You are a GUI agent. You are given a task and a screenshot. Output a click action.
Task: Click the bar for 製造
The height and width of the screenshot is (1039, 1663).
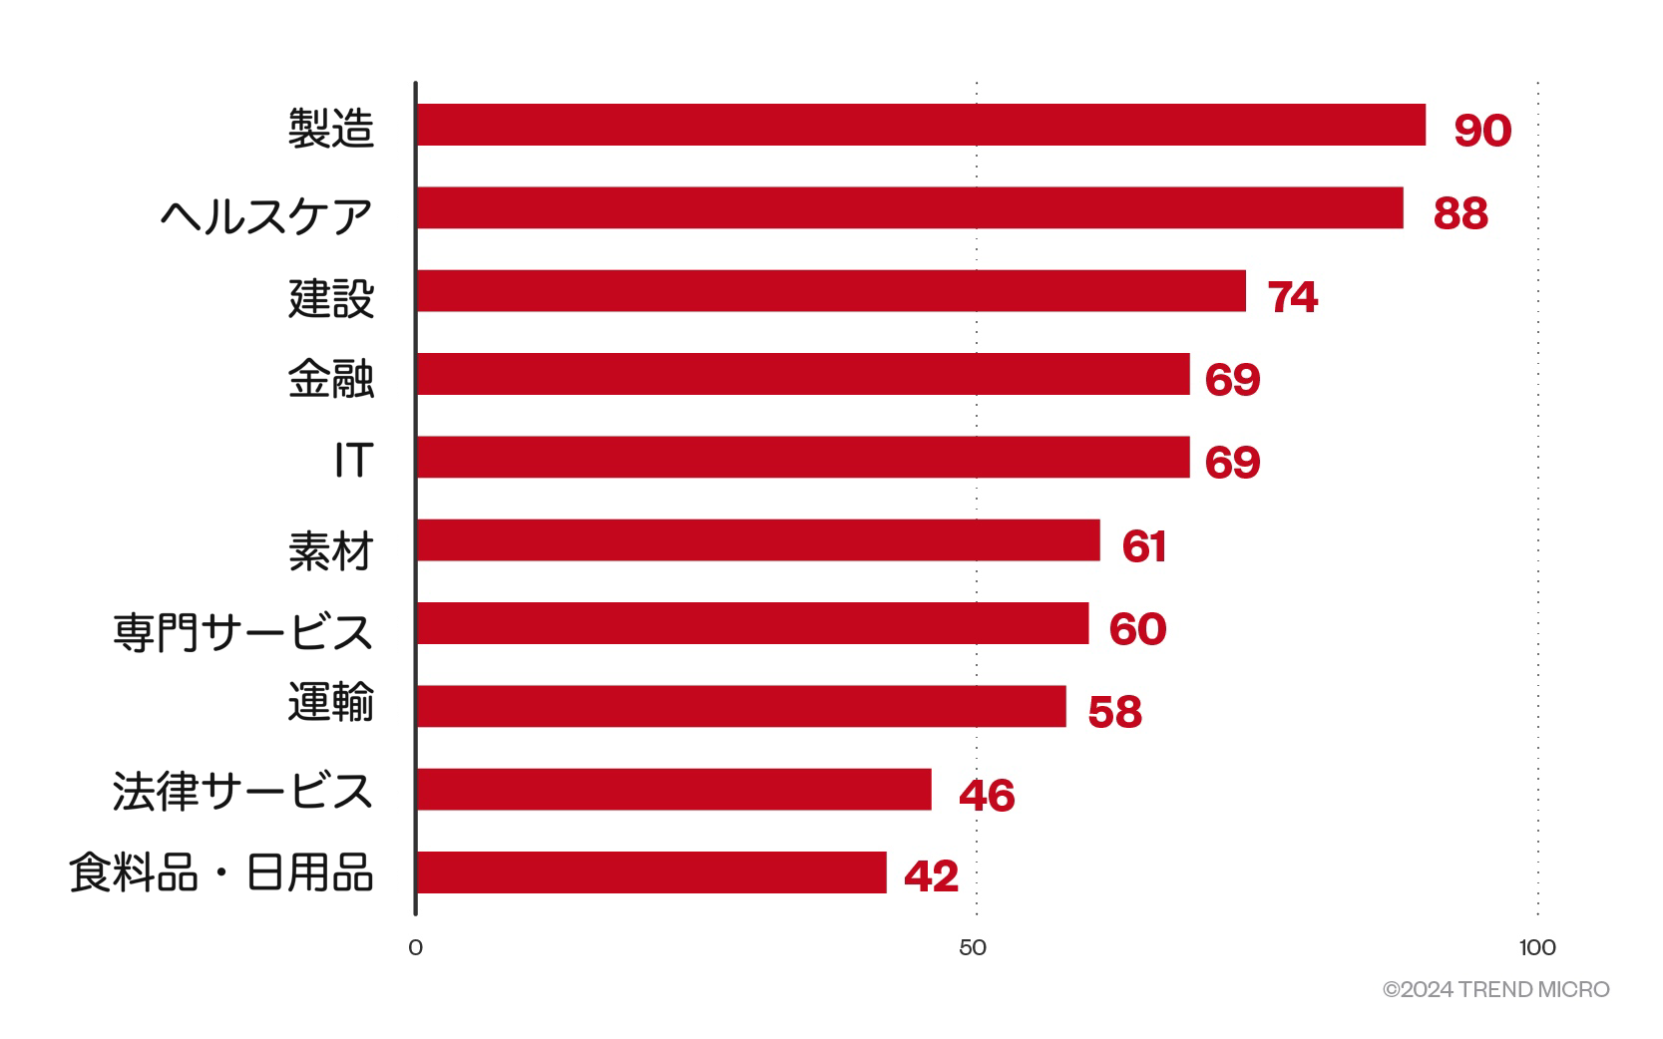921,125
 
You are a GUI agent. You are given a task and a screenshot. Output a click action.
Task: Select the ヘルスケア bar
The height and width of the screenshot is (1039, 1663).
910,207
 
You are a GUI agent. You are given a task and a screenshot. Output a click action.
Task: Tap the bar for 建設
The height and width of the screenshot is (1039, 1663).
831,290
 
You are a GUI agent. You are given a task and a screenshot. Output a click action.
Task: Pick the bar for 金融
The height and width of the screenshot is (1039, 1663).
803,374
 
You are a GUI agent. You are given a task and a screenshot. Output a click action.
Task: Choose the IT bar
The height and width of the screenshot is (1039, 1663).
803,457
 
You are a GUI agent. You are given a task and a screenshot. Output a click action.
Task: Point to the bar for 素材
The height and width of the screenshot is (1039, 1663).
758,539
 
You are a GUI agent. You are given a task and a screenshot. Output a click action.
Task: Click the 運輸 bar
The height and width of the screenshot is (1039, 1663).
741,706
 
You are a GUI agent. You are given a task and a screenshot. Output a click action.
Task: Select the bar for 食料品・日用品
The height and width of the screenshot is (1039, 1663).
651,872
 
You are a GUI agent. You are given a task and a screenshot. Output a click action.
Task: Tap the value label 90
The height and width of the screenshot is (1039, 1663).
1482,131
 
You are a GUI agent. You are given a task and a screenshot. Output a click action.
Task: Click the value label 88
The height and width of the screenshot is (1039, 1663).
1460,213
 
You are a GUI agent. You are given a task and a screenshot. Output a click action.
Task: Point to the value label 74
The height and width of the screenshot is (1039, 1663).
1293,297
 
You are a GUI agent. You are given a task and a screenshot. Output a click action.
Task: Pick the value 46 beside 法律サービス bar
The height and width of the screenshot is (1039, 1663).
987,796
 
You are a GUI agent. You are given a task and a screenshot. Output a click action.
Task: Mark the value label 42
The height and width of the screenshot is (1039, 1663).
931,876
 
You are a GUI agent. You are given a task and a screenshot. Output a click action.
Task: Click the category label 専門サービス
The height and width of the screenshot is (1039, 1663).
242,631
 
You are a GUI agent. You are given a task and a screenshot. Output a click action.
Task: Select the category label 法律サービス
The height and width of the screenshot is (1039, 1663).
242,791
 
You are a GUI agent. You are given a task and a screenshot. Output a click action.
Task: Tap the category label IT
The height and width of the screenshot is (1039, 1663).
353,461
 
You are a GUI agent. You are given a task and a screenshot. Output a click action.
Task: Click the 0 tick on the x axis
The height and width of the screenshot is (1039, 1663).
416,947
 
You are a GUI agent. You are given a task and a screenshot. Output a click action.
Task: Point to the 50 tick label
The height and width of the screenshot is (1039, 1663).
973,947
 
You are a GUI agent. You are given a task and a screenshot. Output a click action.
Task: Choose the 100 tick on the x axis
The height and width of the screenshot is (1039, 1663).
1537,947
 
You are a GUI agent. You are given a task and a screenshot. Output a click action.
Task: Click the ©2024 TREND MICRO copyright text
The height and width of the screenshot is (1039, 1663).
1495,989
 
